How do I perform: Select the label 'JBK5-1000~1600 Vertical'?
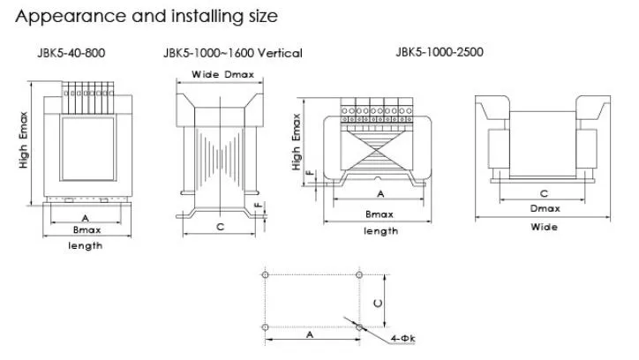point(232,53)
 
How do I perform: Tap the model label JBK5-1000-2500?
point(440,52)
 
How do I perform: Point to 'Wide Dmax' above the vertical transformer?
point(219,74)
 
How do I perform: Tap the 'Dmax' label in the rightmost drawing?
point(544,208)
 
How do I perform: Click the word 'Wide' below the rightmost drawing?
point(544,227)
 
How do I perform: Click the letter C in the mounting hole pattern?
point(378,302)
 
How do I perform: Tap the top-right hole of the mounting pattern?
point(358,275)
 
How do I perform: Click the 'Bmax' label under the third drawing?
point(380,214)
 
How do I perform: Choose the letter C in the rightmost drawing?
point(544,192)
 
